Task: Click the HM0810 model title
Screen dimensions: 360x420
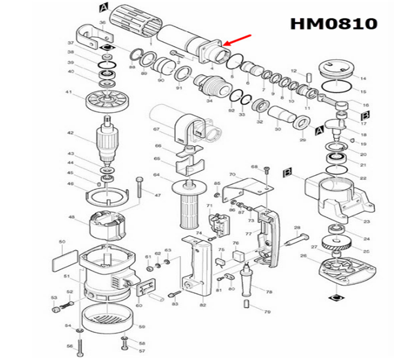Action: point(334,23)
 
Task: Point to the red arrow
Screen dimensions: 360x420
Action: point(237,40)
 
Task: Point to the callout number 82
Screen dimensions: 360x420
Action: point(203,305)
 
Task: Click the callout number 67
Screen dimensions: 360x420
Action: point(156,130)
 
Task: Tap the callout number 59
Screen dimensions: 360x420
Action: point(142,326)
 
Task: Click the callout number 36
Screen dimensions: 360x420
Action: point(102,23)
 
